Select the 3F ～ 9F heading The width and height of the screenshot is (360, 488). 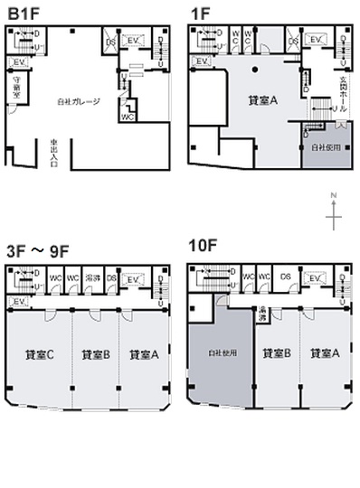click(38, 250)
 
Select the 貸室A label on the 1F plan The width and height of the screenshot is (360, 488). click(261, 102)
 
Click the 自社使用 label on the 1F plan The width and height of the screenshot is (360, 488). click(322, 146)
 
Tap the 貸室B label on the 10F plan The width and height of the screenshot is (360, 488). click(275, 354)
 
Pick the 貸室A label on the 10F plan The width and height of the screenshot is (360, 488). click(325, 354)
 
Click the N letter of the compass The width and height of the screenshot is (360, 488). click(334, 194)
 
